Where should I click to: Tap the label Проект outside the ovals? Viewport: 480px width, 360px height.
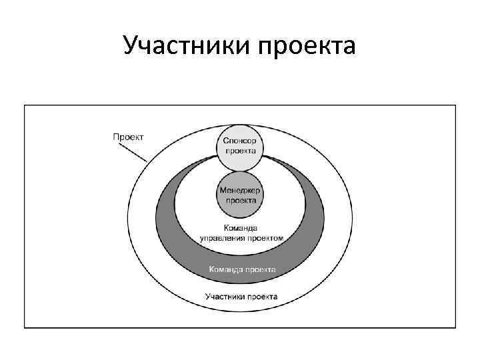128,137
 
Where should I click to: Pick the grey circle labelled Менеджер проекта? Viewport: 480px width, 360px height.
240,195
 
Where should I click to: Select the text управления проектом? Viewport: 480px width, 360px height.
242,237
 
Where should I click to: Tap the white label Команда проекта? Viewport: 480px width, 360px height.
242,270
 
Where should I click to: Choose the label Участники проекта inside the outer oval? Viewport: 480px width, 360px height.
241,296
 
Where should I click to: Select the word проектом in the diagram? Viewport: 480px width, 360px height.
266,237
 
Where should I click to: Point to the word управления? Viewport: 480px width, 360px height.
223,237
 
